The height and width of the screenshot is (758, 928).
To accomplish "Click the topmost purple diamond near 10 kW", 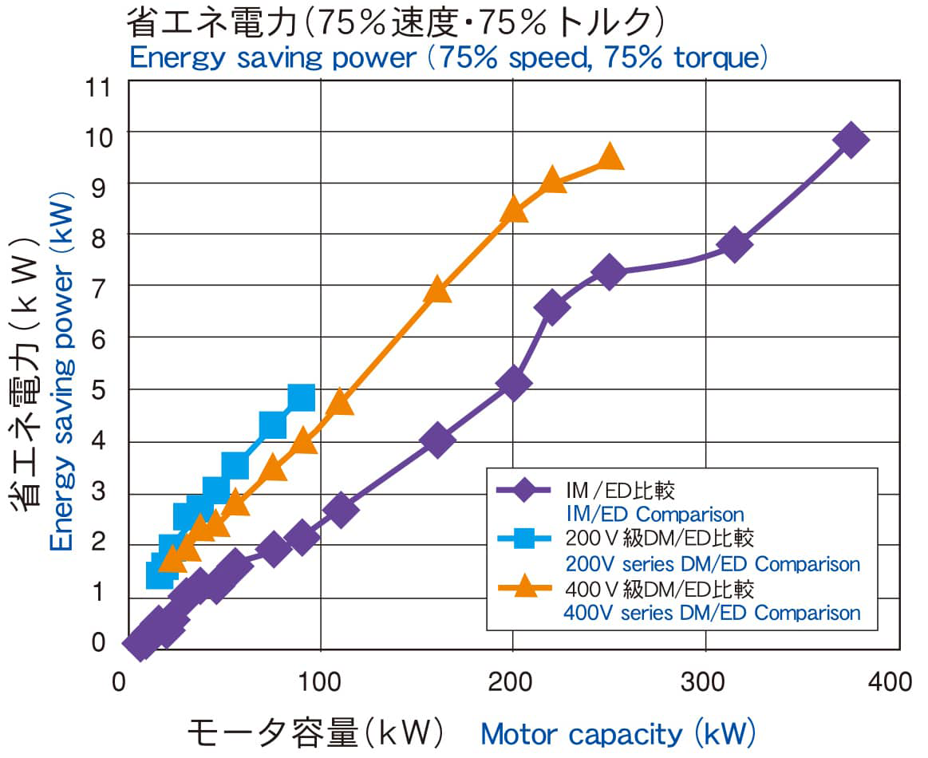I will coord(850,140).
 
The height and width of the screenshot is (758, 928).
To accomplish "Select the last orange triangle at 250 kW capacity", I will coord(610,157).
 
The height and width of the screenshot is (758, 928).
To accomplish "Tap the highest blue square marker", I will coord(301,397).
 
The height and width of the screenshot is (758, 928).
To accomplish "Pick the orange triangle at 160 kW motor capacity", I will coord(437,290).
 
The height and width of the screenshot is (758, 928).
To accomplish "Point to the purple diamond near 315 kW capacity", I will coord(734,244).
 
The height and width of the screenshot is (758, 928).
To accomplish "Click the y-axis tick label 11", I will coord(100,83).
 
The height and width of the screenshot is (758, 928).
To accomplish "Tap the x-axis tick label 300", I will coord(705,681).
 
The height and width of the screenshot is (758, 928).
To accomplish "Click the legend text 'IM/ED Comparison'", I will coord(654,515).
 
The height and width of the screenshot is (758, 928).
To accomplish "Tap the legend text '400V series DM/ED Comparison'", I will coord(712,613).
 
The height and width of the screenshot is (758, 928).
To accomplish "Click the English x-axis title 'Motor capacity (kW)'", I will coord(618,732).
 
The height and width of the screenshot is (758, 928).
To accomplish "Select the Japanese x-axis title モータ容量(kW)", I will coord(315,732).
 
